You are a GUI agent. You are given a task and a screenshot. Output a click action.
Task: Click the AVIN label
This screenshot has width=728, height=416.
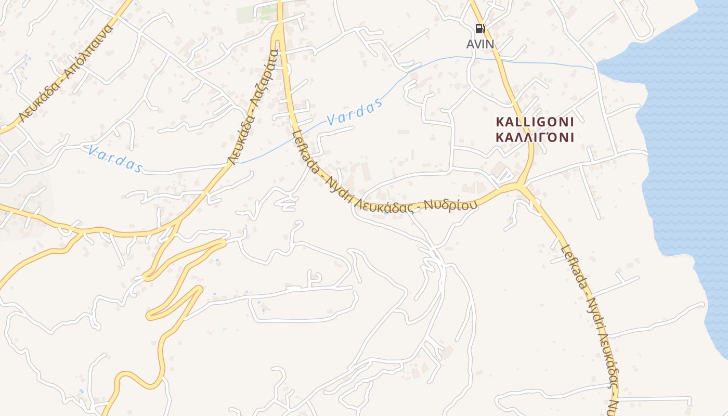pyautogui.click(x=480, y=44)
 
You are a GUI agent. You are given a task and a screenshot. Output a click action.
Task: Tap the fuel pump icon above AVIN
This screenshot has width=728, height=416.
pyautogui.click(x=480, y=29)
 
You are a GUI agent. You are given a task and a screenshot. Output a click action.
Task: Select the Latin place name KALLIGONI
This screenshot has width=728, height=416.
pyautogui.click(x=535, y=122)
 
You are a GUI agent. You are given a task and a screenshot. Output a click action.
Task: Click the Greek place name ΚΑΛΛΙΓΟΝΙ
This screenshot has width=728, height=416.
pyautogui.click(x=535, y=138)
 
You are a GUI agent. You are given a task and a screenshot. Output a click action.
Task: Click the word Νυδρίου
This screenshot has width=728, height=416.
pyautogui.click(x=450, y=204)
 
